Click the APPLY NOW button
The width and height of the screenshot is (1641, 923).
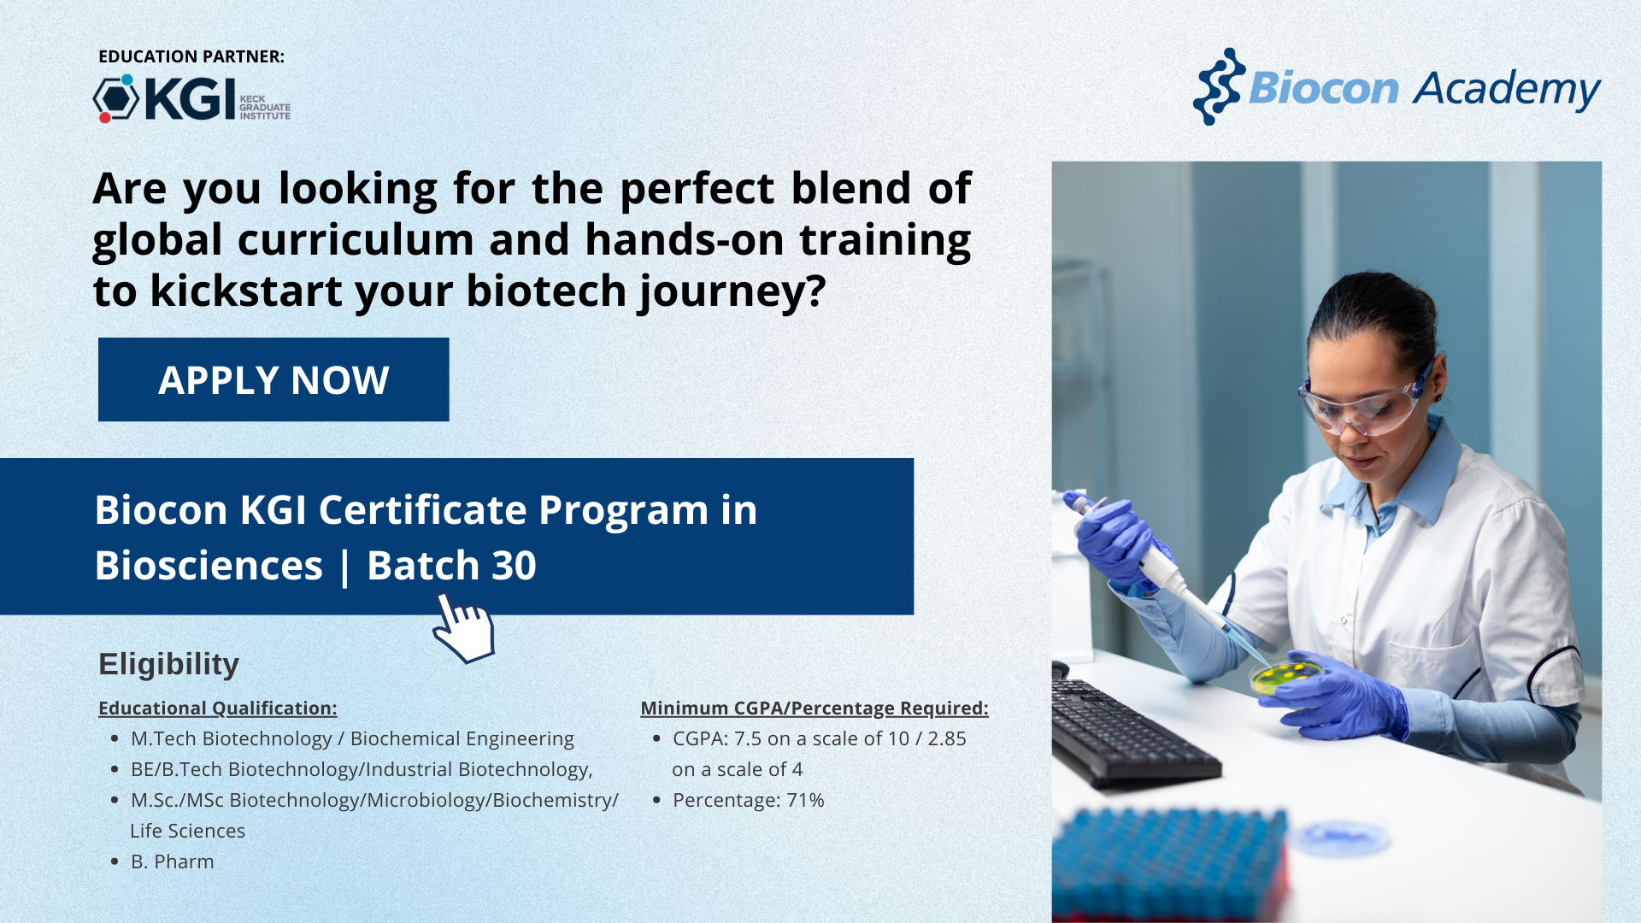(273, 379)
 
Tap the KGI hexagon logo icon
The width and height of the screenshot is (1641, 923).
(115, 98)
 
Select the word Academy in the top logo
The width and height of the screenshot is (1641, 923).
(1507, 90)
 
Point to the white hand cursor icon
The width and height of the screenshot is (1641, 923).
(463, 629)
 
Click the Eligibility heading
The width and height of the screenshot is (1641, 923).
(168, 664)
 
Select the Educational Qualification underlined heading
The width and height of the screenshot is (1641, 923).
(218, 708)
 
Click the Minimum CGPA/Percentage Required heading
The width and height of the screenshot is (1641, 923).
(815, 708)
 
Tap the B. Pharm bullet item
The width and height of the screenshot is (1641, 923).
(172, 861)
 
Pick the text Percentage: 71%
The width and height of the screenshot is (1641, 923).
(748, 800)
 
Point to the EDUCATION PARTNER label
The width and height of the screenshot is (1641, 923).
(191, 56)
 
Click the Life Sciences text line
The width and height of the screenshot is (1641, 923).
(187, 831)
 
